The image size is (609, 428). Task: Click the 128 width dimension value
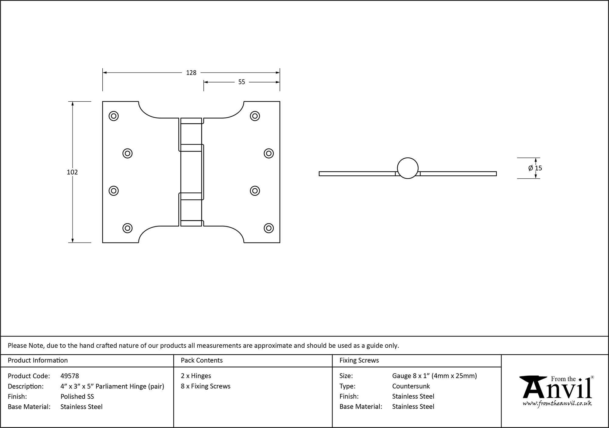pos(191,73)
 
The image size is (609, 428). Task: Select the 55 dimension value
pos(241,82)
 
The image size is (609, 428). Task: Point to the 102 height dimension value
pos(72,172)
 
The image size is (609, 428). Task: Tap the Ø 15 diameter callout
pos(535,168)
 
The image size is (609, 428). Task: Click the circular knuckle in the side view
pos(407,168)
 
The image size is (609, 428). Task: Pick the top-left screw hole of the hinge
pos(114,116)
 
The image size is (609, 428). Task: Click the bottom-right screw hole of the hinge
pos(269,228)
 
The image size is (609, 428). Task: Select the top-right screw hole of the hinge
pos(255,116)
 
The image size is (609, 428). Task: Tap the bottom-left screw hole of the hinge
pos(127,228)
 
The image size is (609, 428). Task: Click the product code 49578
pos(70,376)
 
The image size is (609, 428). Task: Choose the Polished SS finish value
pos(77,396)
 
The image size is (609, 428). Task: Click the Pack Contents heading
pos(202,360)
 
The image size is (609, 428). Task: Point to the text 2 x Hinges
pos(196,376)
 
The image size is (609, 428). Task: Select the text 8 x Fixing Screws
pos(206,386)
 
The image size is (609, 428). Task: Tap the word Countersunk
pos(411,386)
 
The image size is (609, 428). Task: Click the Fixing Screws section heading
pos(359,360)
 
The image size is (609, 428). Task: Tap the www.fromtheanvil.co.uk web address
pos(557,404)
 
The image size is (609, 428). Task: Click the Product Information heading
pos(38,360)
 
